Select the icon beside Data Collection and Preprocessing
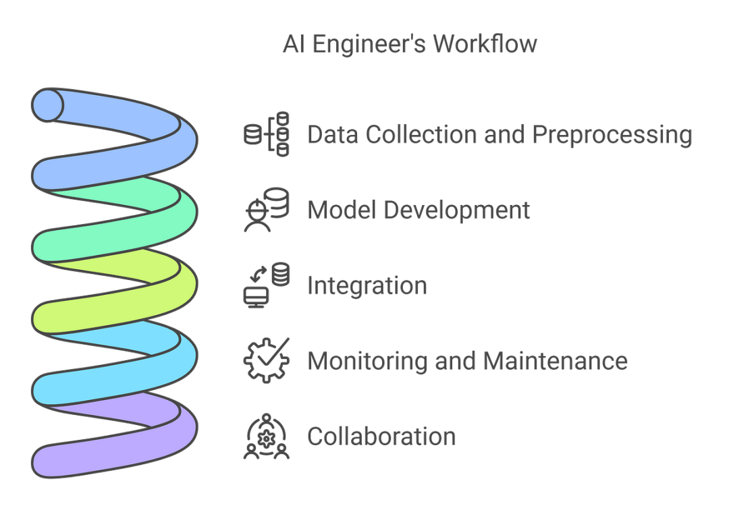[266, 134]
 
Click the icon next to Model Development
[266, 209]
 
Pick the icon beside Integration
[266, 285]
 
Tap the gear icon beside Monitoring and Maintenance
[266, 360]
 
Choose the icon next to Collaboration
[266, 436]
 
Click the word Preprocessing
[613, 134]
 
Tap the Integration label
[367, 285]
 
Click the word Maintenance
[553, 361]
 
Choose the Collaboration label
[381, 436]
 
